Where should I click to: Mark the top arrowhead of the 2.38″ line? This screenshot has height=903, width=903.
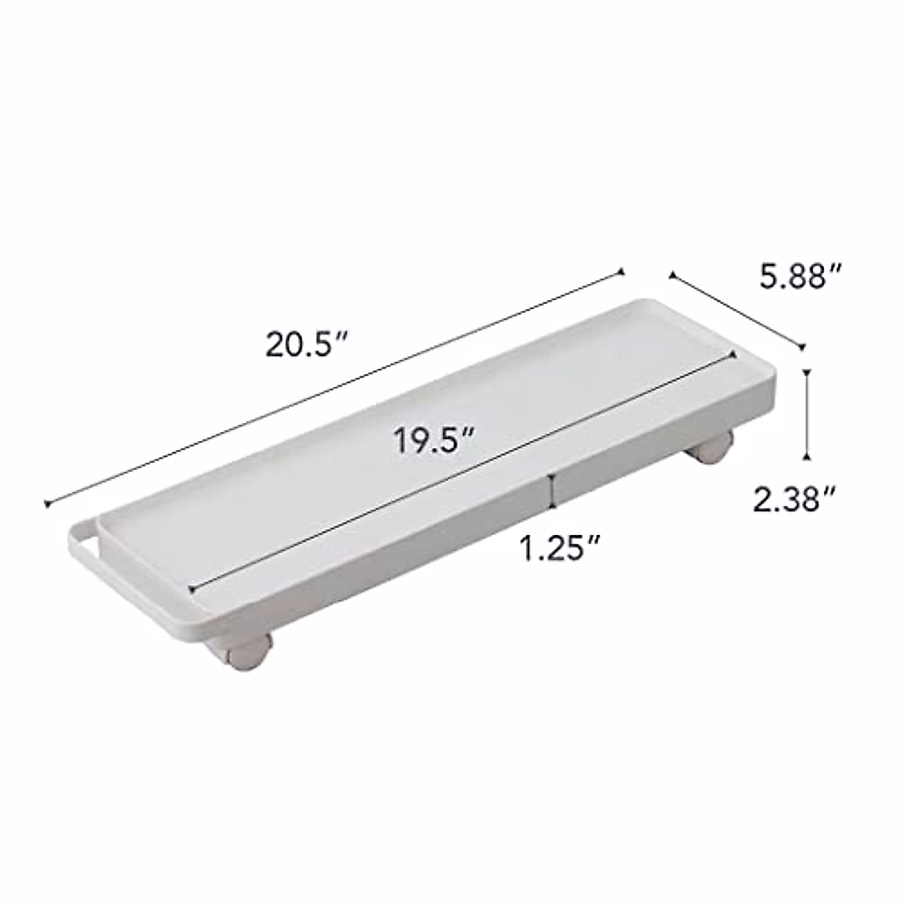(807, 372)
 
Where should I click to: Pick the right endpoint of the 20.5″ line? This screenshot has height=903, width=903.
(622, 271)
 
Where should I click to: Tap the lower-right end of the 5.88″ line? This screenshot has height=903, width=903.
(802, 347)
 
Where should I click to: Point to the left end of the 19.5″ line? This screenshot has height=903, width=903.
(194, 588)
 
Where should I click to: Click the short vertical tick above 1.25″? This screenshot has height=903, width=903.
(555, 490)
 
